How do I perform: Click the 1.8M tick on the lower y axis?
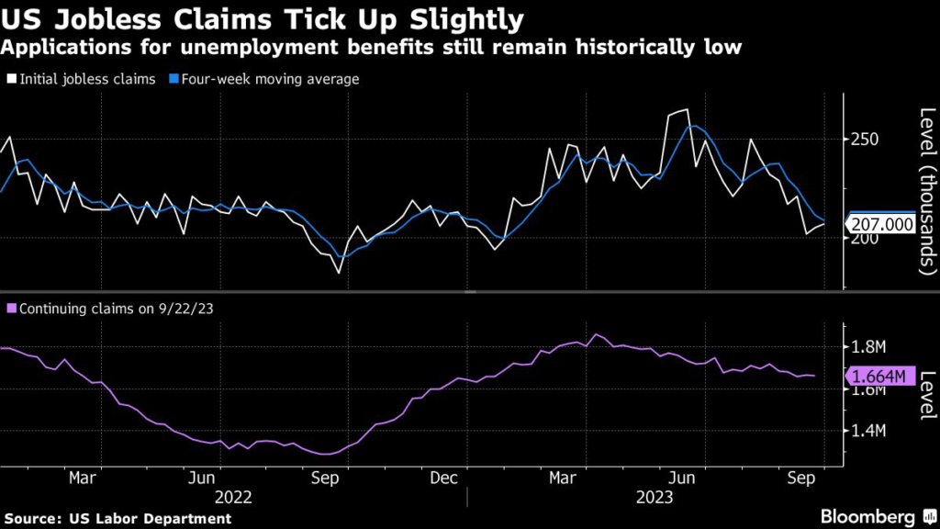868,347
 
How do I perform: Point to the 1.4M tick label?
868,431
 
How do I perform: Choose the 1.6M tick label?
868,389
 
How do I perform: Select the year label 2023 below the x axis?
655,497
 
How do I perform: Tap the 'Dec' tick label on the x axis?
444,478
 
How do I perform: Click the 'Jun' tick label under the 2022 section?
202,478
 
